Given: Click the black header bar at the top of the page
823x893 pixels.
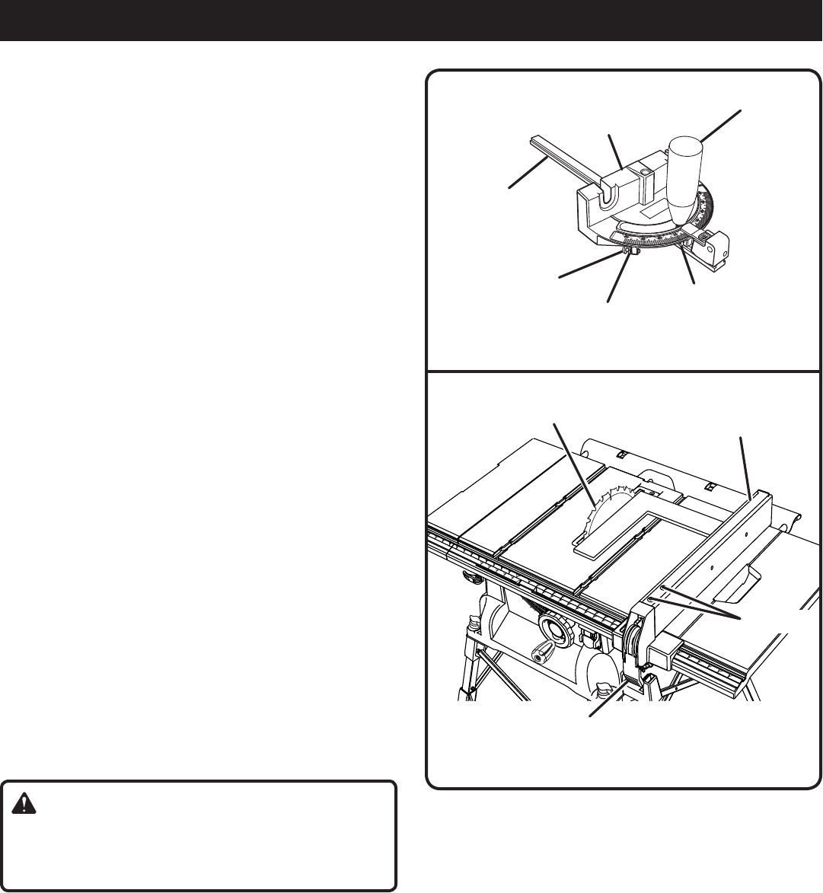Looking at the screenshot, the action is pyautogui.click(x=411, y=20).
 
